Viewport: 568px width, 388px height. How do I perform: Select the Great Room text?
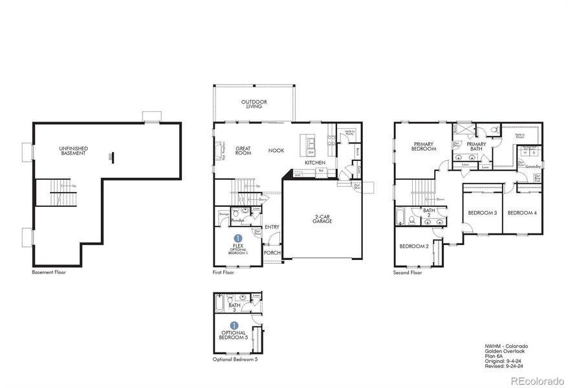click(243, 150)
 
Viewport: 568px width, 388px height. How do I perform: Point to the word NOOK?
click(276, 150)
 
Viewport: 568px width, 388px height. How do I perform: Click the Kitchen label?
click(314, 162)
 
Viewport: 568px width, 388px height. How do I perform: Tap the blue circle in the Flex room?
click(237, 239)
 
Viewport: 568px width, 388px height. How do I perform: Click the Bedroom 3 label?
click(482, 213)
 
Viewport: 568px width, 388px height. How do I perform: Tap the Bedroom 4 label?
click(522, 213)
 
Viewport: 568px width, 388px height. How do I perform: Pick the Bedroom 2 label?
click(413, 246)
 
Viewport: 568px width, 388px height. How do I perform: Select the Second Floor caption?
click(408, 272)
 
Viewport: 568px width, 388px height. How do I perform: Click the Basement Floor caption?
click(49, 272)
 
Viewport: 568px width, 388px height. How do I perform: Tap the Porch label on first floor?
click(272, 253)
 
